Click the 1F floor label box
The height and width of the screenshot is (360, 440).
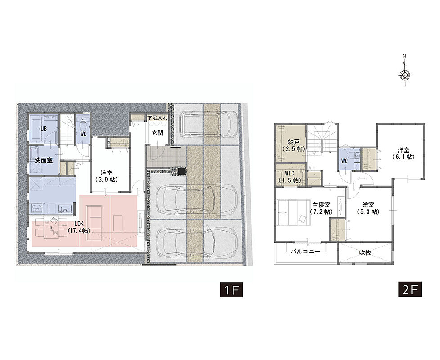pos(231,289)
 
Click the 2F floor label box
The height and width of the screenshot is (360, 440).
pos(410,289)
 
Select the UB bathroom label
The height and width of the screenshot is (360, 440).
pos(44,129)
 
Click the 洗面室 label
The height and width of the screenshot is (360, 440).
pos(44,161)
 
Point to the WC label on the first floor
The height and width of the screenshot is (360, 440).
pos(83,135)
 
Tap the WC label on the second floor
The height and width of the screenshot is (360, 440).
pos(344,162)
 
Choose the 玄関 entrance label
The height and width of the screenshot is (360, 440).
pos(157,133)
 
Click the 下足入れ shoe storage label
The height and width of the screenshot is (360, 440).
pos(157,118)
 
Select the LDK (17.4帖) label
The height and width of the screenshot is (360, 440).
pos(79,227)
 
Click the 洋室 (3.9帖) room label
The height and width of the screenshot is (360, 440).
pos(106,176)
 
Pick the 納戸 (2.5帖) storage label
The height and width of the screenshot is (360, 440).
pos(293,146)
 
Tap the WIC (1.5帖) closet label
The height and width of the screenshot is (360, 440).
pos(290,177)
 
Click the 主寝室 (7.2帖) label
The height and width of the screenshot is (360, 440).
pos(321,208)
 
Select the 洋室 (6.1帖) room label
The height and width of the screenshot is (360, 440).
pos(403,153)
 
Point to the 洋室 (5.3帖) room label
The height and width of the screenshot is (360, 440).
pos(368,208)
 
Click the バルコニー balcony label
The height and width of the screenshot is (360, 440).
pos(305,252)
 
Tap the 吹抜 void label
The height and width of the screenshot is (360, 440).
pos(365,252)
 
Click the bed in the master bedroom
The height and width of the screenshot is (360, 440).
pos(295,212)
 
